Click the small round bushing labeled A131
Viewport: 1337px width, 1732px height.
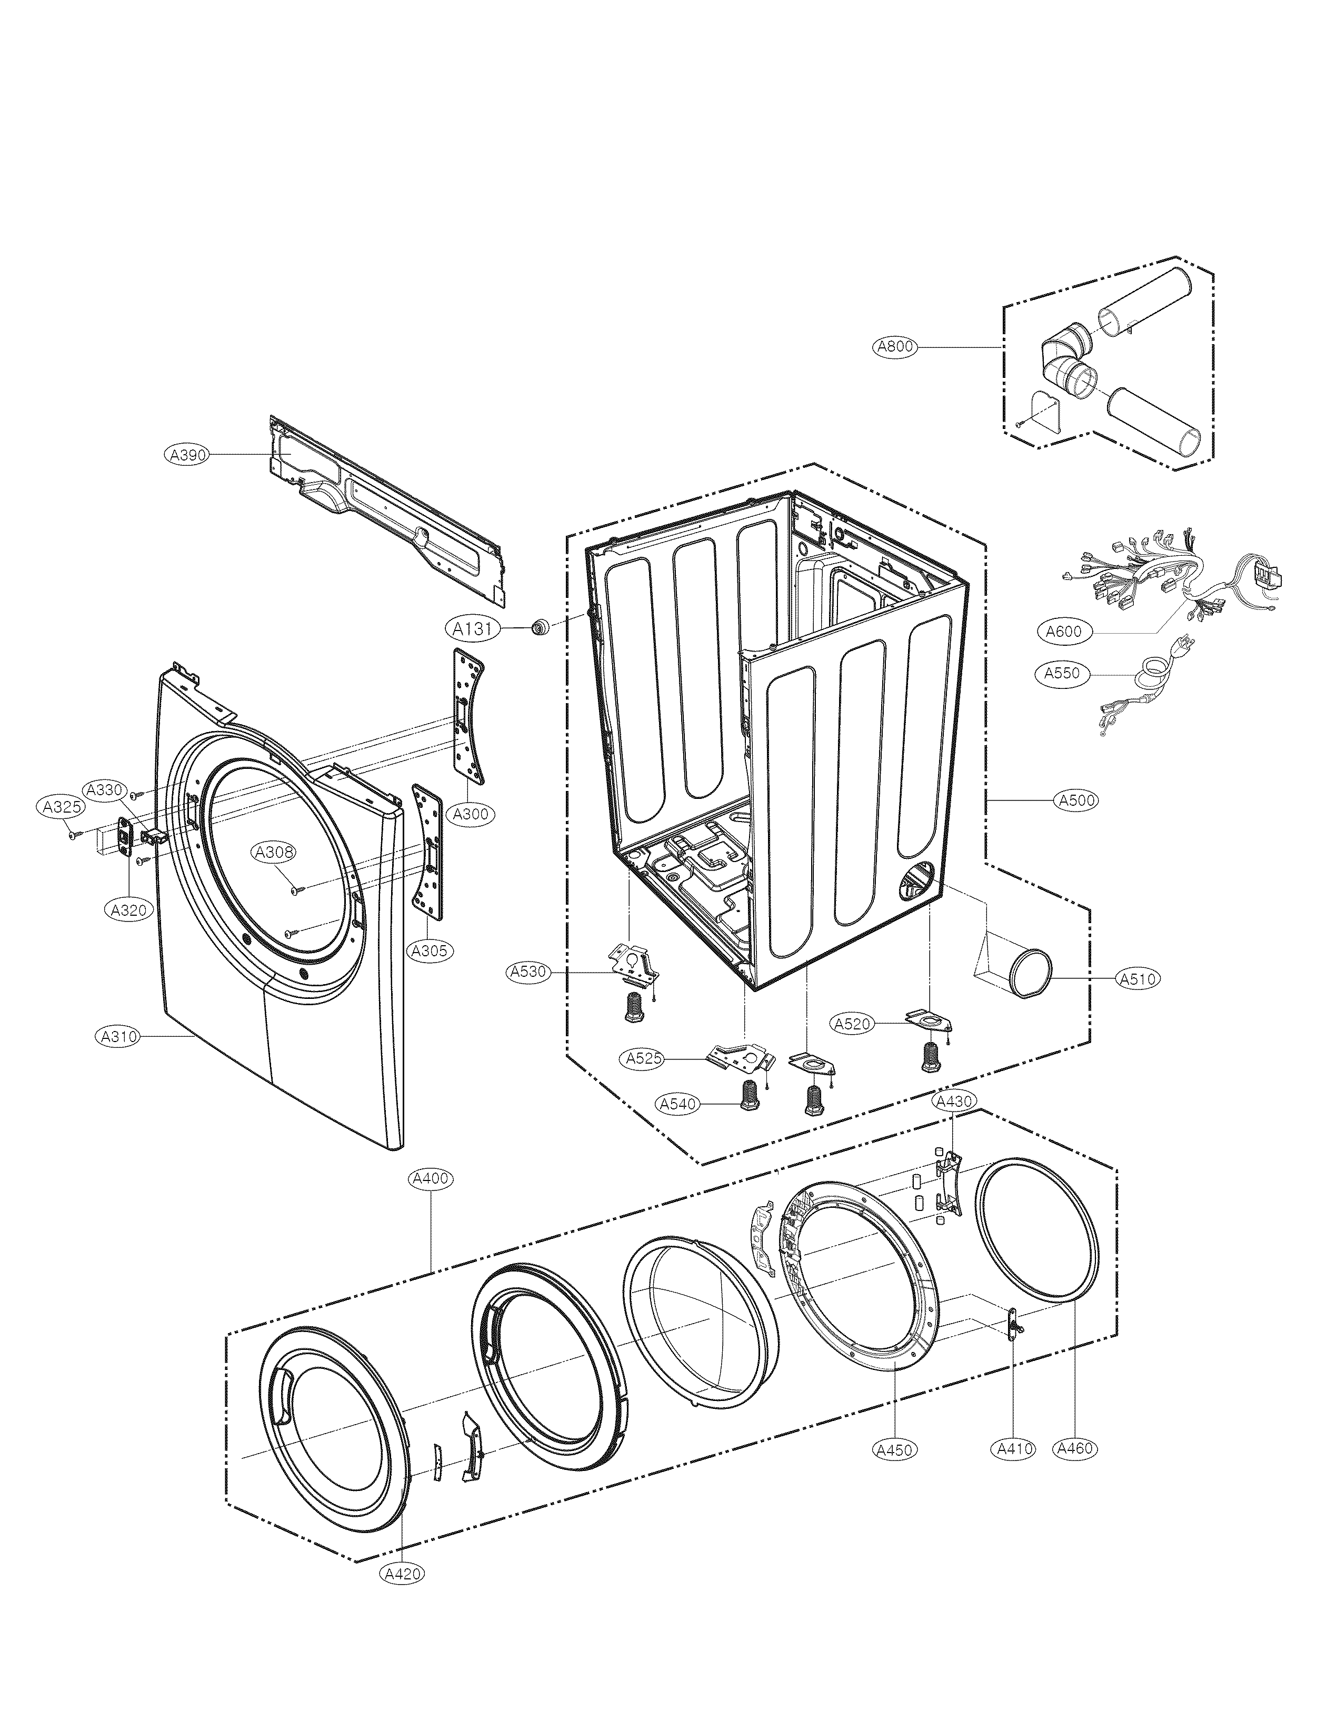click(541, 627)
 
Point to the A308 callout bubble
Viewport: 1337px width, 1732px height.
click(274, 853)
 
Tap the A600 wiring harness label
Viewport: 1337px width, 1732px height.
click(1063, 632)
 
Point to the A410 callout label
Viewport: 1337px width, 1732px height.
click(1014, 1449)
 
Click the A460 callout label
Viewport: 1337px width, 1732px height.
click(1075, 1449)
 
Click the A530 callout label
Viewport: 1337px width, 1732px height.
click(529, 972)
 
